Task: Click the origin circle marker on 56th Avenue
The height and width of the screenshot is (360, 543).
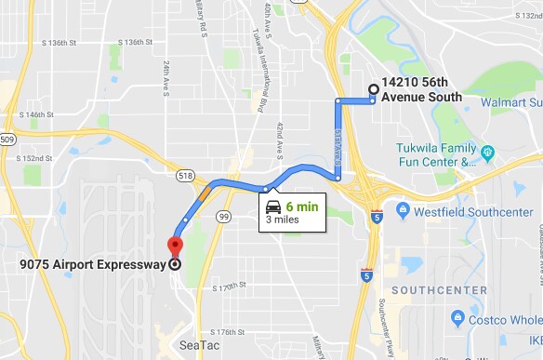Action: (374, 90)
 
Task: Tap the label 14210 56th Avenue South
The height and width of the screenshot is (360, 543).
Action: (421, 89)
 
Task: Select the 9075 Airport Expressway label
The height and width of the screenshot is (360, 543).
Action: (90, 264)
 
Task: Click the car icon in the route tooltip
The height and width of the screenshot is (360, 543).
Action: (273, 207)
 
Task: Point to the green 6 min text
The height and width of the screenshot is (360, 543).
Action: (303, 207)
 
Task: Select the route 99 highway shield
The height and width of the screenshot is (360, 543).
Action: (223, 216)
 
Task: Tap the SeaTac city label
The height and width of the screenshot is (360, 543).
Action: (200, 345)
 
